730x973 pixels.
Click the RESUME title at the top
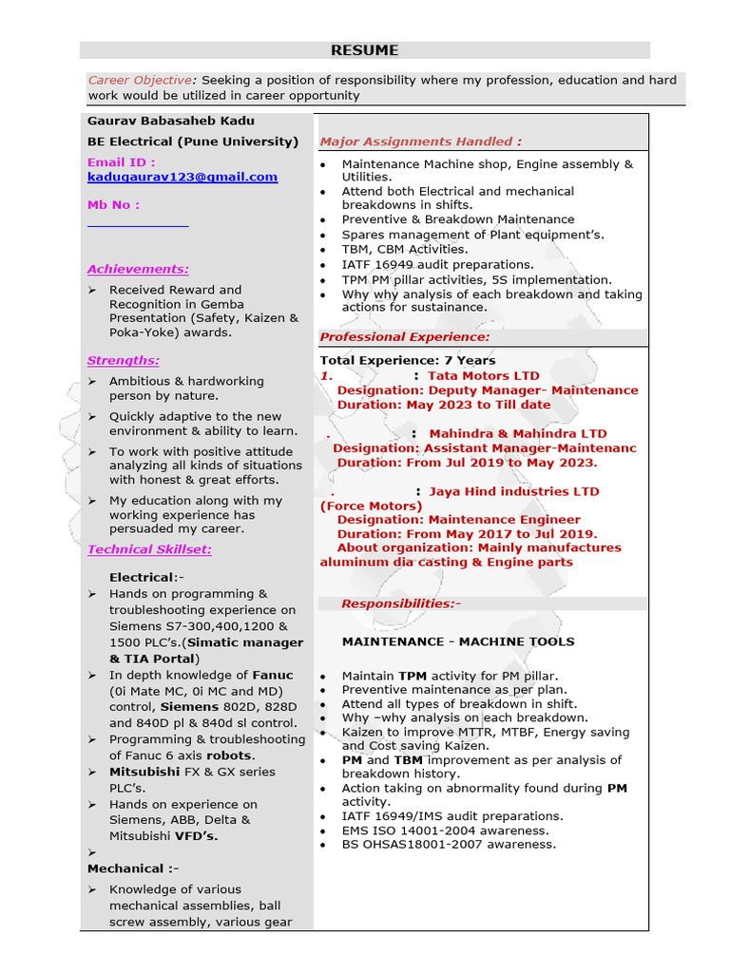coord(364,50)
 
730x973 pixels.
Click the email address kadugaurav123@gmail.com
coord(182,177)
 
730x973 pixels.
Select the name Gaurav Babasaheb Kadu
coord(171,121)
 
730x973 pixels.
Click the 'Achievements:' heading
coord(138,269)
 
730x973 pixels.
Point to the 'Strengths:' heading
coord(124,360)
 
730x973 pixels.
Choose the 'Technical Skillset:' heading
coord(149,549)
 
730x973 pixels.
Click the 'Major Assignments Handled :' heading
coord(420,142)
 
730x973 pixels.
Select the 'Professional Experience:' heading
coord(405,337)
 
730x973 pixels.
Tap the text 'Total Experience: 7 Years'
coord(407,360)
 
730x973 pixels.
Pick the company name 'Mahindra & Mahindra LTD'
coord(517,434)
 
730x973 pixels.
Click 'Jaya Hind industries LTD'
coord(513,491)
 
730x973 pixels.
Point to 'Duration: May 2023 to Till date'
coord(443,405)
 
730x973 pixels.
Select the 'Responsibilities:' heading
coord(400,603)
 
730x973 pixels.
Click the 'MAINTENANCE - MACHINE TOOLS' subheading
coord(458,641)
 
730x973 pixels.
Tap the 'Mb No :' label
coord(113,204)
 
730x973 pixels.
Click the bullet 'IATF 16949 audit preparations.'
coord(437,264)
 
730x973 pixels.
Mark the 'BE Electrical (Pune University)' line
coord(193,142)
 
